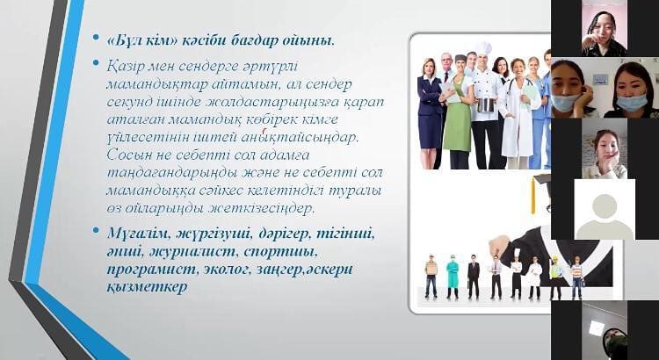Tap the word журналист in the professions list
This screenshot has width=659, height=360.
pos(193,252)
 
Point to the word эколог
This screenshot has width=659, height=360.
pos(224,270)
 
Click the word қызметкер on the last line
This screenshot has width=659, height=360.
pos(147,287)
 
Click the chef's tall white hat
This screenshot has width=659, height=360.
pos(483,48)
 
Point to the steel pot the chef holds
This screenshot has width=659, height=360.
pos(486,104)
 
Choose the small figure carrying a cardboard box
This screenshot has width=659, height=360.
pos(431,276)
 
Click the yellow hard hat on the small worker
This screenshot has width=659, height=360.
pos(554,259)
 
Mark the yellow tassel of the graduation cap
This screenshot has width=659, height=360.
pos(533,195)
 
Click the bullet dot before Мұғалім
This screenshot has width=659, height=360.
pos(97,231)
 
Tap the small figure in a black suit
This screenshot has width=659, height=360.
pos(474,277)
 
